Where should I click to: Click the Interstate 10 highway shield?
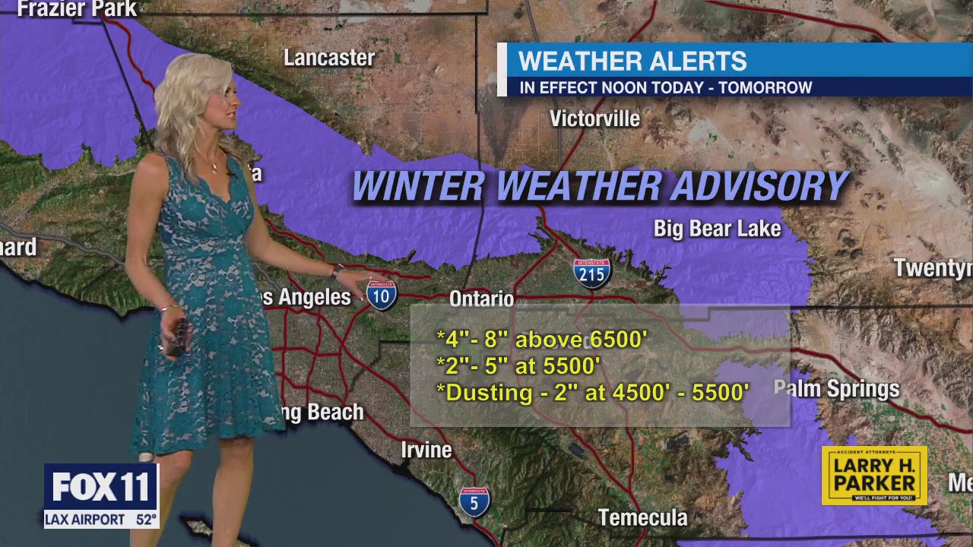pos(382,294)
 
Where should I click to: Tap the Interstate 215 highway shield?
pos(591,273)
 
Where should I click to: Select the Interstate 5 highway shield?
pos(474,501)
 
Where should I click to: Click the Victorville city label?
pos(594,119)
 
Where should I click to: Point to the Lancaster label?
pos(329,58)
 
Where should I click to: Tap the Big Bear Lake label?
pos(717,229)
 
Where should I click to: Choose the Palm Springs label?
pos(836,389)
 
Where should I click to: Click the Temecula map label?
pos(642,518)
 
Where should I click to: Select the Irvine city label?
pos(426,450)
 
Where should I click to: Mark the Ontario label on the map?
pos(482,299)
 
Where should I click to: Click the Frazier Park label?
pos(77,9)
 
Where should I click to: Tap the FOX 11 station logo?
pos(101,487)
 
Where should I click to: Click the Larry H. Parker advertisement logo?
pos(874,475)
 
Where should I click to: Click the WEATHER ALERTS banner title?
pos(632,61)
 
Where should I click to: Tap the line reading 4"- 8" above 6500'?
pos(542,340)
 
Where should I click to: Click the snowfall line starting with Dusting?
pos(593,393)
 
